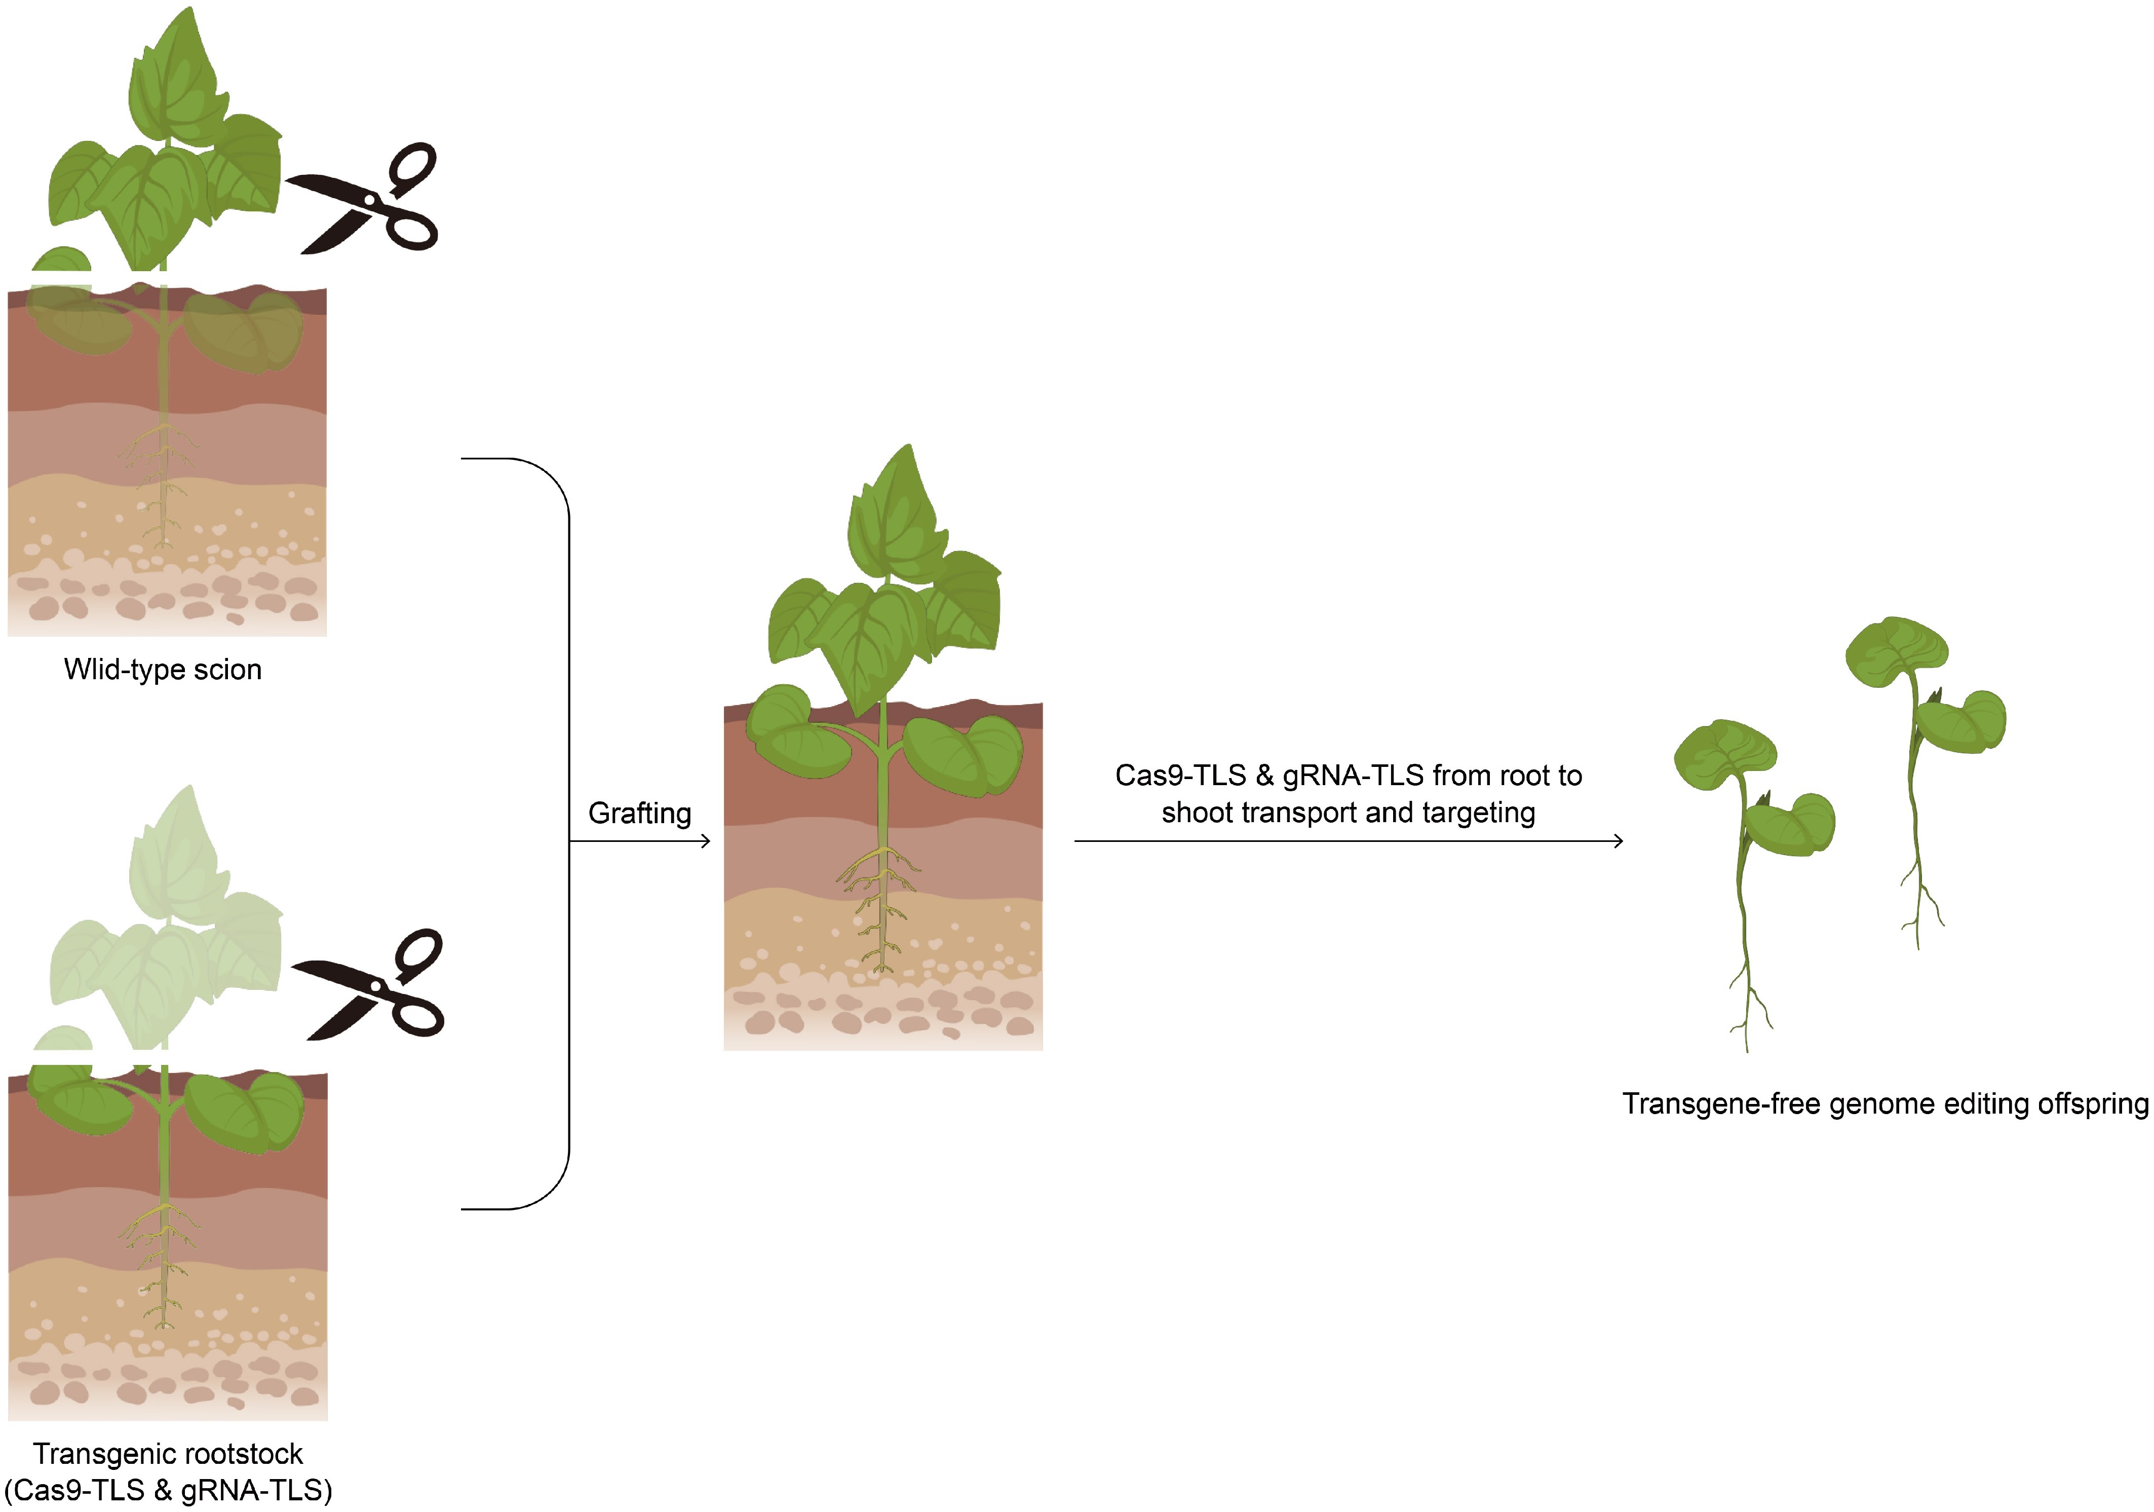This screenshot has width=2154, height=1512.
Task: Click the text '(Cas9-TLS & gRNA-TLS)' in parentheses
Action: (168, 1490)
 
